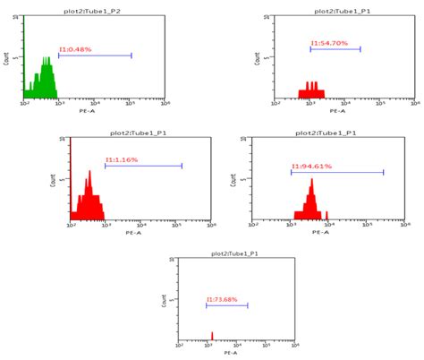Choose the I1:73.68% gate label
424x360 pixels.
click(225, 299)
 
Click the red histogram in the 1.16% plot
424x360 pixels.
click(88, 201)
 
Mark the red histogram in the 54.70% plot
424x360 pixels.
click(313, 90)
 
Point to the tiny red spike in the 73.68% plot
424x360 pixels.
click(212, 337)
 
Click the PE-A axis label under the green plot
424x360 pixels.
click(86, 111)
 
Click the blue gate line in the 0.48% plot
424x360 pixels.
click(95, 56)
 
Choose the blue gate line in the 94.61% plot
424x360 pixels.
click(337, 172)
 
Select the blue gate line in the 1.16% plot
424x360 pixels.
click(143, 166)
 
